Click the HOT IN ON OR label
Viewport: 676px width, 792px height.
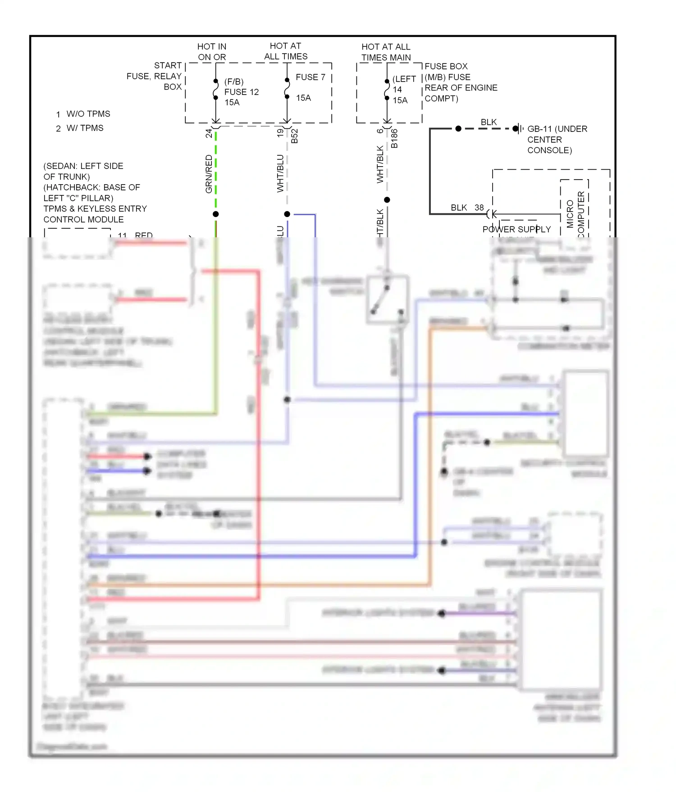coord(212,52)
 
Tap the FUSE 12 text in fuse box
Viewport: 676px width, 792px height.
coord(242,92)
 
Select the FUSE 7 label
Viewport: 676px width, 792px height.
coord(310,77)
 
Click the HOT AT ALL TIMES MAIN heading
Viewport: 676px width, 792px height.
coord(386,52)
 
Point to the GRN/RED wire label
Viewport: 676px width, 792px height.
coord(209,174)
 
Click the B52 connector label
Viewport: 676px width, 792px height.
coord(294,136)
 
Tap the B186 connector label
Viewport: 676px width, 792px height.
coord(394,138)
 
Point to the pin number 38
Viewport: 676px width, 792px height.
coord(479,208)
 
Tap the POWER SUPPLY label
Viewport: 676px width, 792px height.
coord(516,229)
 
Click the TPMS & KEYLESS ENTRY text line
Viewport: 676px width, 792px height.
coord(95,208)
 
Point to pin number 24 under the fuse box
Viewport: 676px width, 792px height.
coord(209,133)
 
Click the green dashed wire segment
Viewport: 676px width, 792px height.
coord(216,171)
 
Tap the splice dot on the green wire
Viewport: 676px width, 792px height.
coord(216,214)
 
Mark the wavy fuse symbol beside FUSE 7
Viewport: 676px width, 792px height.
coord(287,88)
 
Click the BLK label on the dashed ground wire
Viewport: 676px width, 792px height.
coord(488,122)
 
